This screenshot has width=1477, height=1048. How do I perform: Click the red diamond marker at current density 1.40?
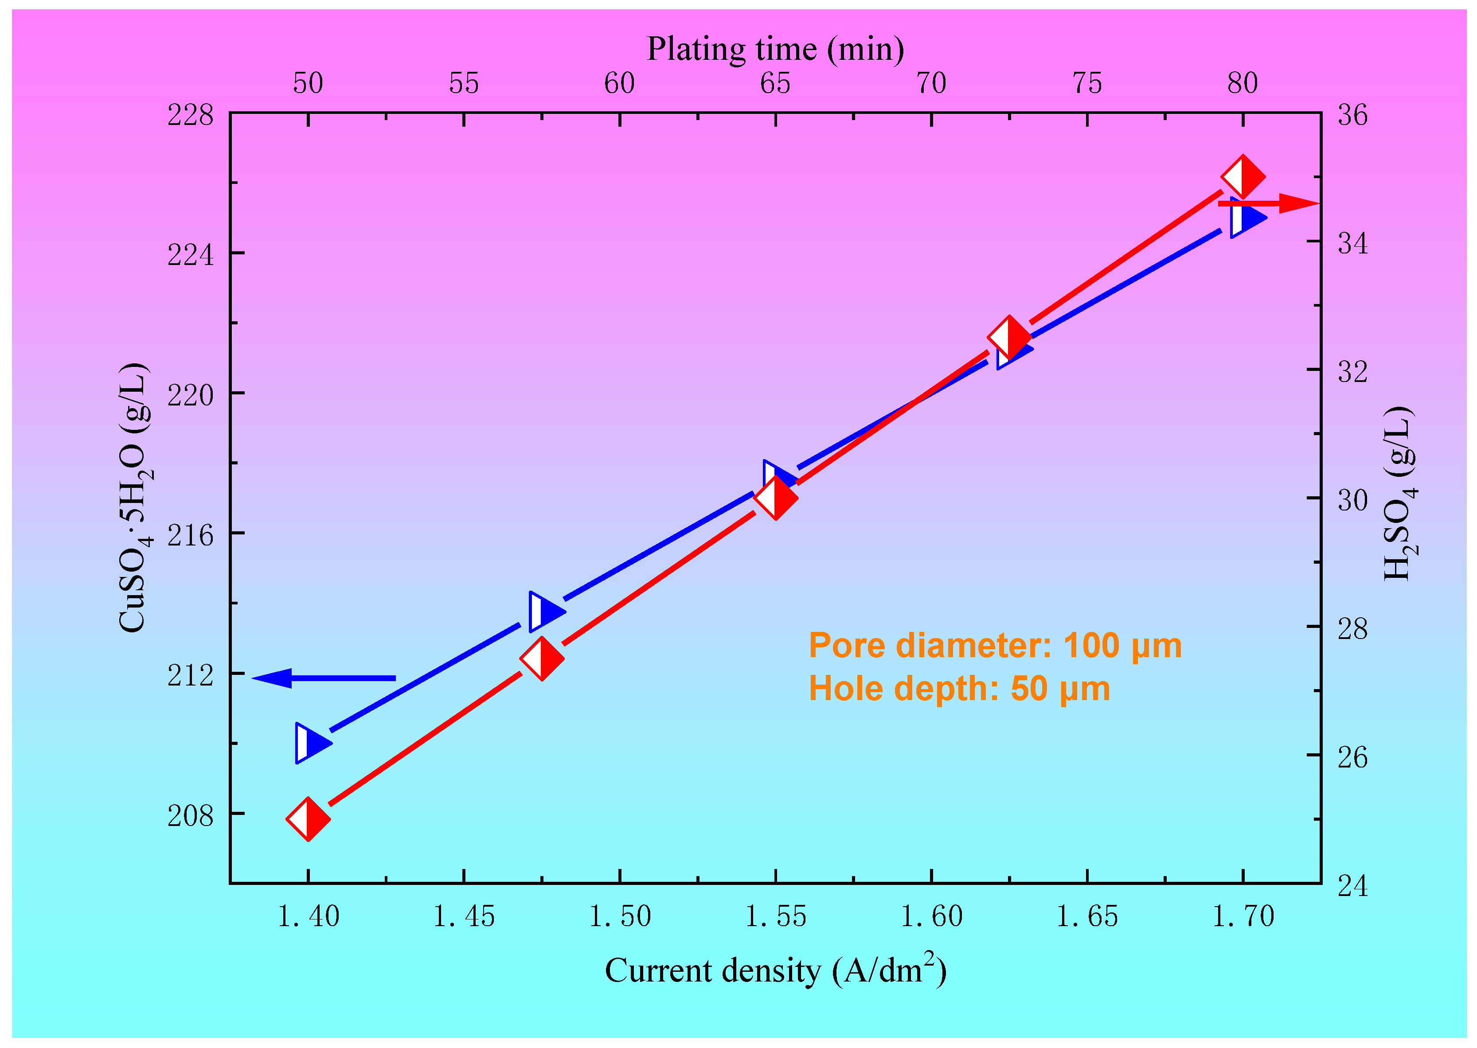(x=308, y=819)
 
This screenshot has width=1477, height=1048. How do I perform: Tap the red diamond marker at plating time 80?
(x=1243, y=176)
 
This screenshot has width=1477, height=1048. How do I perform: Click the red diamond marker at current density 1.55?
(x=775, y=498)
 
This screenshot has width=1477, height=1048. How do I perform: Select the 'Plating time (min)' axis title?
(x=775, y=49)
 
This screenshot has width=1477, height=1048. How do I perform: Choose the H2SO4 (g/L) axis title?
(x=1399, y=494)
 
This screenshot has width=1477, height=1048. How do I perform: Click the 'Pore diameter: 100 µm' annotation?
(x=995, y=645)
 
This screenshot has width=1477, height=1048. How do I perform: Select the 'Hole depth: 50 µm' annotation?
(x=959, y=689)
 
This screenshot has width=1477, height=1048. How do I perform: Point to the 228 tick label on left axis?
(x=190, y=116)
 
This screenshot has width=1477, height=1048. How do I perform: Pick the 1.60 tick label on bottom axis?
(x=931, y=916)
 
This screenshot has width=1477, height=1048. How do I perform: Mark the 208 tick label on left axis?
(x=190, y=816)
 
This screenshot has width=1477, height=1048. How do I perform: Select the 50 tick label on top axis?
(x=308, y=83)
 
